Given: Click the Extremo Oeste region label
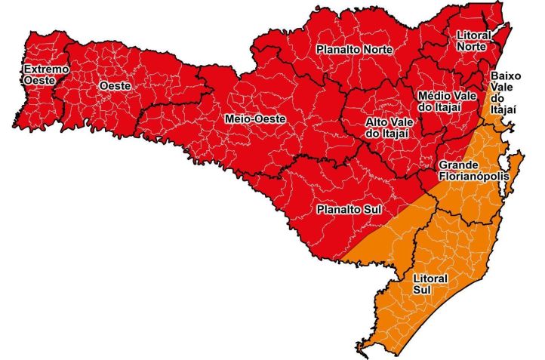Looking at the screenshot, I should [x=35, y=75].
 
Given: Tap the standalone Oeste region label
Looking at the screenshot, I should [x=115, y=86].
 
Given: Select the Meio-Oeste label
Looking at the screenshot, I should [x=250, y=118].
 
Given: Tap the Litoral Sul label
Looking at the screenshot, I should [x=430, y=284].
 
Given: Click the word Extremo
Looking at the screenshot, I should [x=35, y=69].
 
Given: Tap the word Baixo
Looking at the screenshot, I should [x=503, y=76].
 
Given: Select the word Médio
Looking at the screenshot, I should [x=436, y=97].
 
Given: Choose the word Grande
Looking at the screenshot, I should [x=457, y=165].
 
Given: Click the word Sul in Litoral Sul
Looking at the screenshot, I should [x=422, y=289].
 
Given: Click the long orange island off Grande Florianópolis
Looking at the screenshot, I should [x=514, y=173].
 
